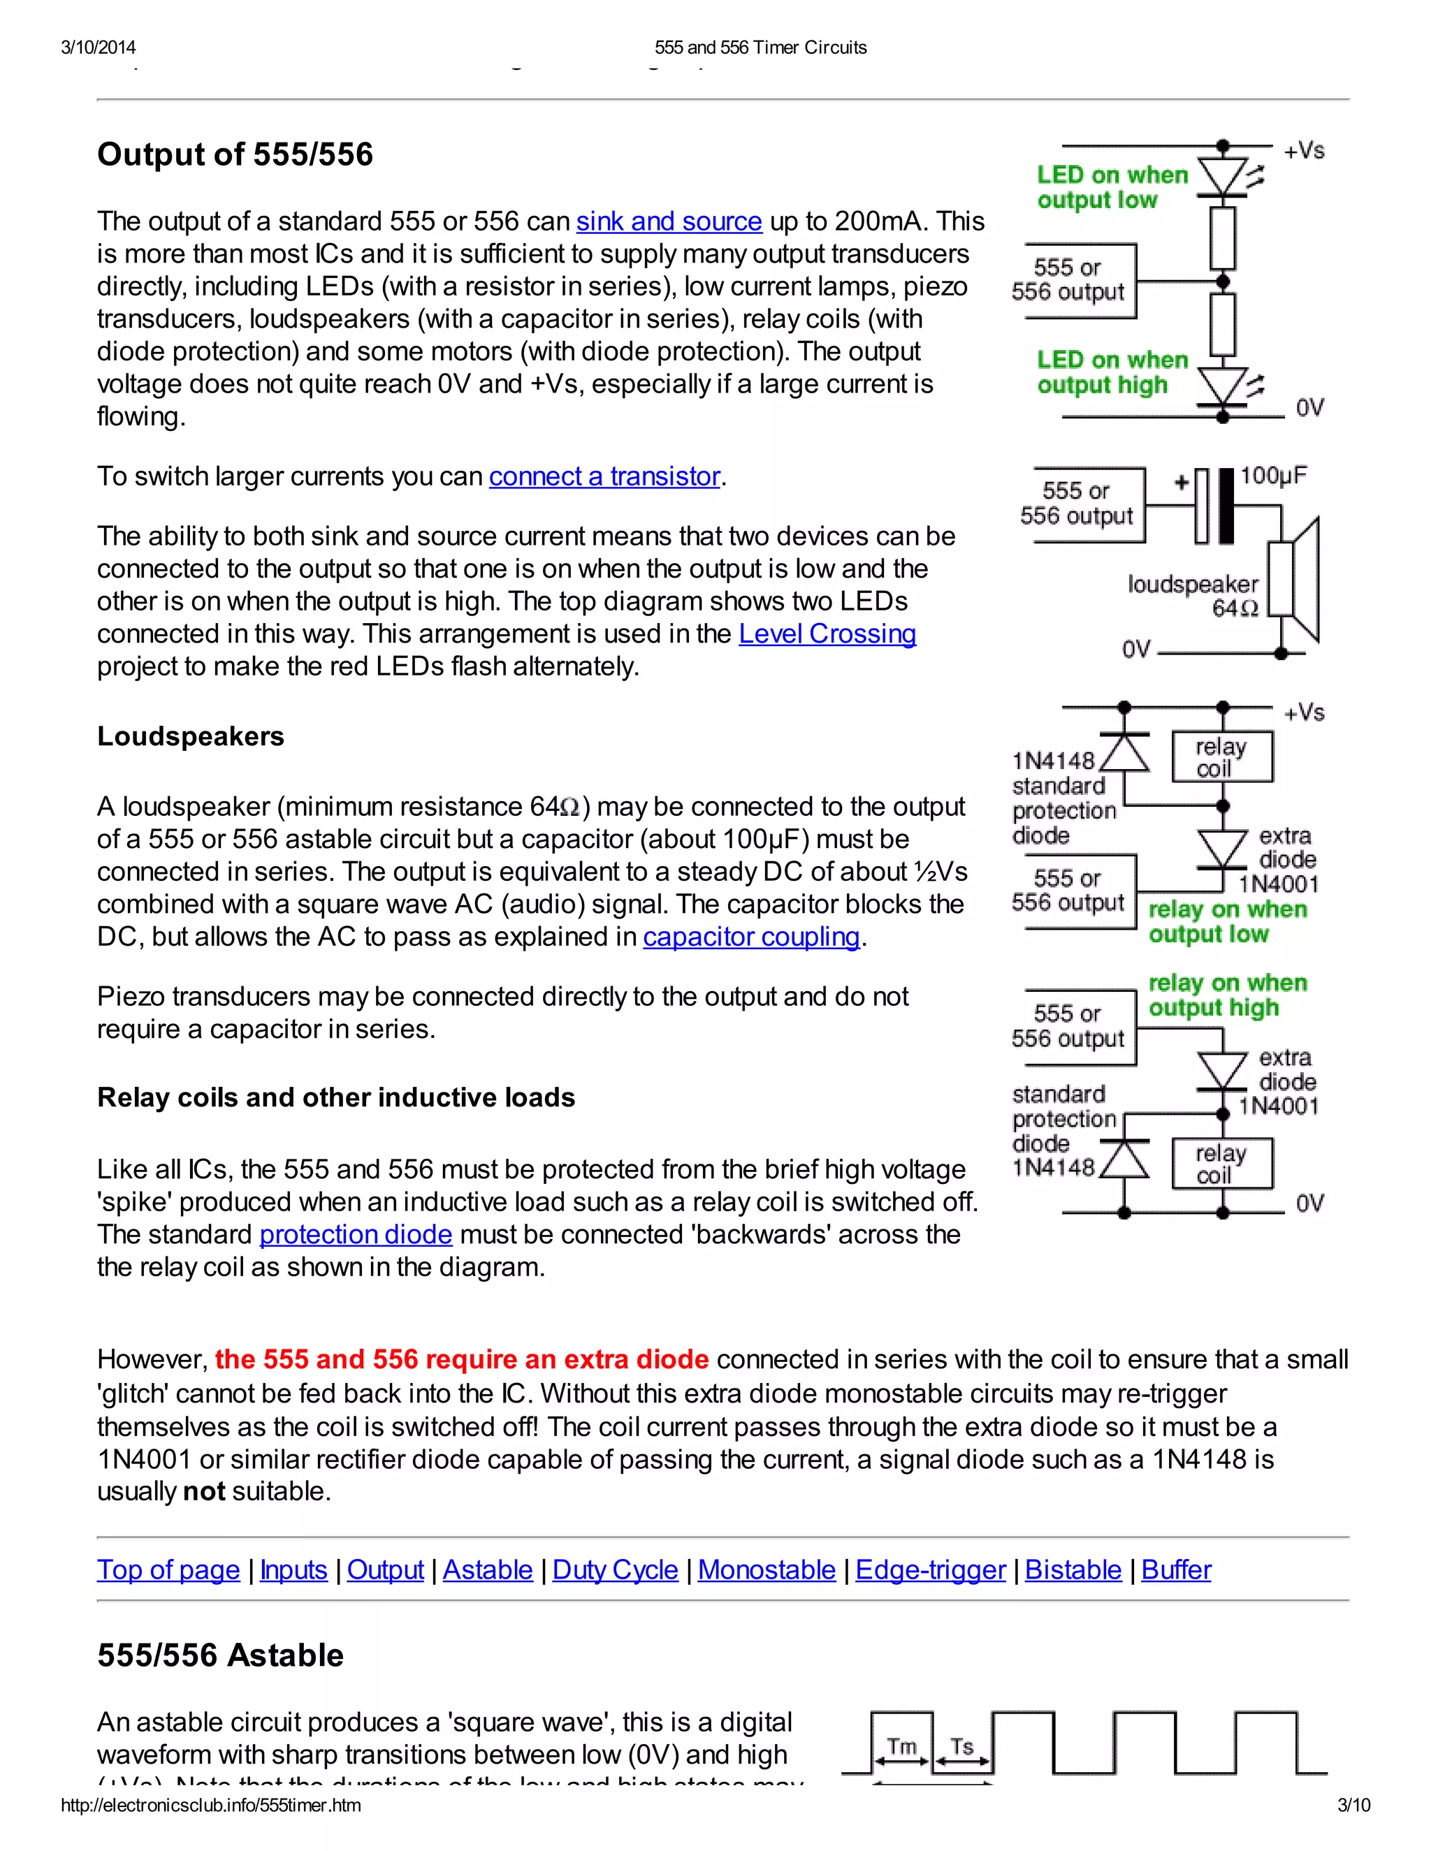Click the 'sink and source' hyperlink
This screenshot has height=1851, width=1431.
(669, 221)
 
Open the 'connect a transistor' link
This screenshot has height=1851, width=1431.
(604, 476)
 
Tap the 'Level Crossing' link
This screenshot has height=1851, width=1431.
(827, 634)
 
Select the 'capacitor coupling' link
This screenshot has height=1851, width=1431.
(751, 937)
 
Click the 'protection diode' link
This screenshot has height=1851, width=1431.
(355, 1234)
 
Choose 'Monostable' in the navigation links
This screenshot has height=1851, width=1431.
(767, 1570)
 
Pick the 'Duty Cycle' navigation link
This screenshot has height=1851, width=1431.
(615, 1570)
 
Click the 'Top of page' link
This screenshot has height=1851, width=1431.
(168, 1570)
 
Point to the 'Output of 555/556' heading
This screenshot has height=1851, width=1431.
(235, 154)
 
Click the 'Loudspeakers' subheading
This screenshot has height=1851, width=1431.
(191, 736)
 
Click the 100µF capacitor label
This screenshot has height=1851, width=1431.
(1272, 476)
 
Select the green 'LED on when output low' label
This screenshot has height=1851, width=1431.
(1112, 187)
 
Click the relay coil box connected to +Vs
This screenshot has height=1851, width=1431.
(1221, 757)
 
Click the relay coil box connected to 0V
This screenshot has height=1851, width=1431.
(1221, 1164)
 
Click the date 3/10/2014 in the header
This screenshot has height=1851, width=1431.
(99, 47)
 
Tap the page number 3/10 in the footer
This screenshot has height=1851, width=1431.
(1353, 1805)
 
